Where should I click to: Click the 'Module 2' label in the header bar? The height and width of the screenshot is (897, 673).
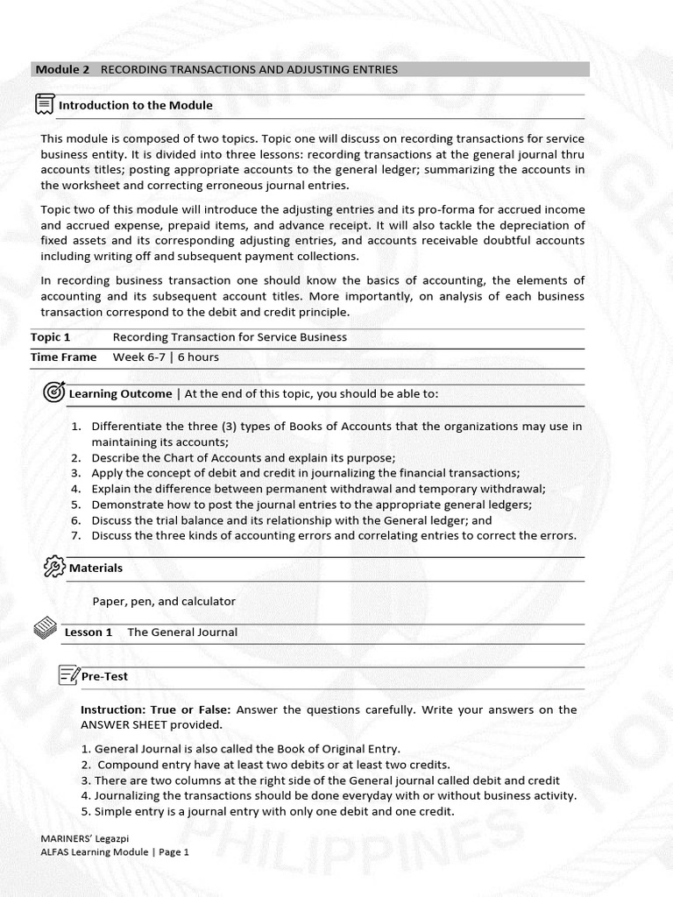(x=62, y=69)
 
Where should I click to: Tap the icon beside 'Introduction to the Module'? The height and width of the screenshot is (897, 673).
(x=44, y=105)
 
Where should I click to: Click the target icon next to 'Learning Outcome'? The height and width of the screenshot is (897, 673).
(x=54, y=392)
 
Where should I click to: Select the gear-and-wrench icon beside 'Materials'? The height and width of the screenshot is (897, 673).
(x=54, y=567)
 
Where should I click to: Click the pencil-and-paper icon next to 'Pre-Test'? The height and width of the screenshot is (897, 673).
(x=68, y=675)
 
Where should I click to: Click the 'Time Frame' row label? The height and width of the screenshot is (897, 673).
(x=63, y=357)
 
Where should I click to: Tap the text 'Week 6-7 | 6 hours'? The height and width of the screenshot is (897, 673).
(x=166, y=357)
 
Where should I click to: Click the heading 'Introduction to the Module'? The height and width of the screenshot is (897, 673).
(x=135, y=105)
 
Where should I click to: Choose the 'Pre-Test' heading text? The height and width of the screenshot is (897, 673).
(x=104, y=676)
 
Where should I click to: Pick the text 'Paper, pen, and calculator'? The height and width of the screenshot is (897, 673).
(x=164, y=601)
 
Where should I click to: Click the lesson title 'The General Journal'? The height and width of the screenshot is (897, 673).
(x=182, y=632)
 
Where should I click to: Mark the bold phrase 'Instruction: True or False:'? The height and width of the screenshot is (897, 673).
(x=156, y=710)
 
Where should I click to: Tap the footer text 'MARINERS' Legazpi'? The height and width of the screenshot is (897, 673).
(x=82, y=837)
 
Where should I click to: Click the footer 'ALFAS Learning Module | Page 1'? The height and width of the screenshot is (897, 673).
(x=115, y=851)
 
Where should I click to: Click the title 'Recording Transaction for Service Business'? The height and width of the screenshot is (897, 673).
(x=230, y=337)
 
